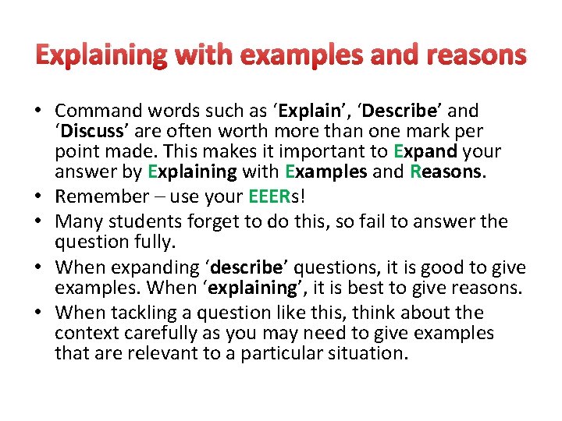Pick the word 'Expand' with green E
pyautogui.click(x=427, y=151)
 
